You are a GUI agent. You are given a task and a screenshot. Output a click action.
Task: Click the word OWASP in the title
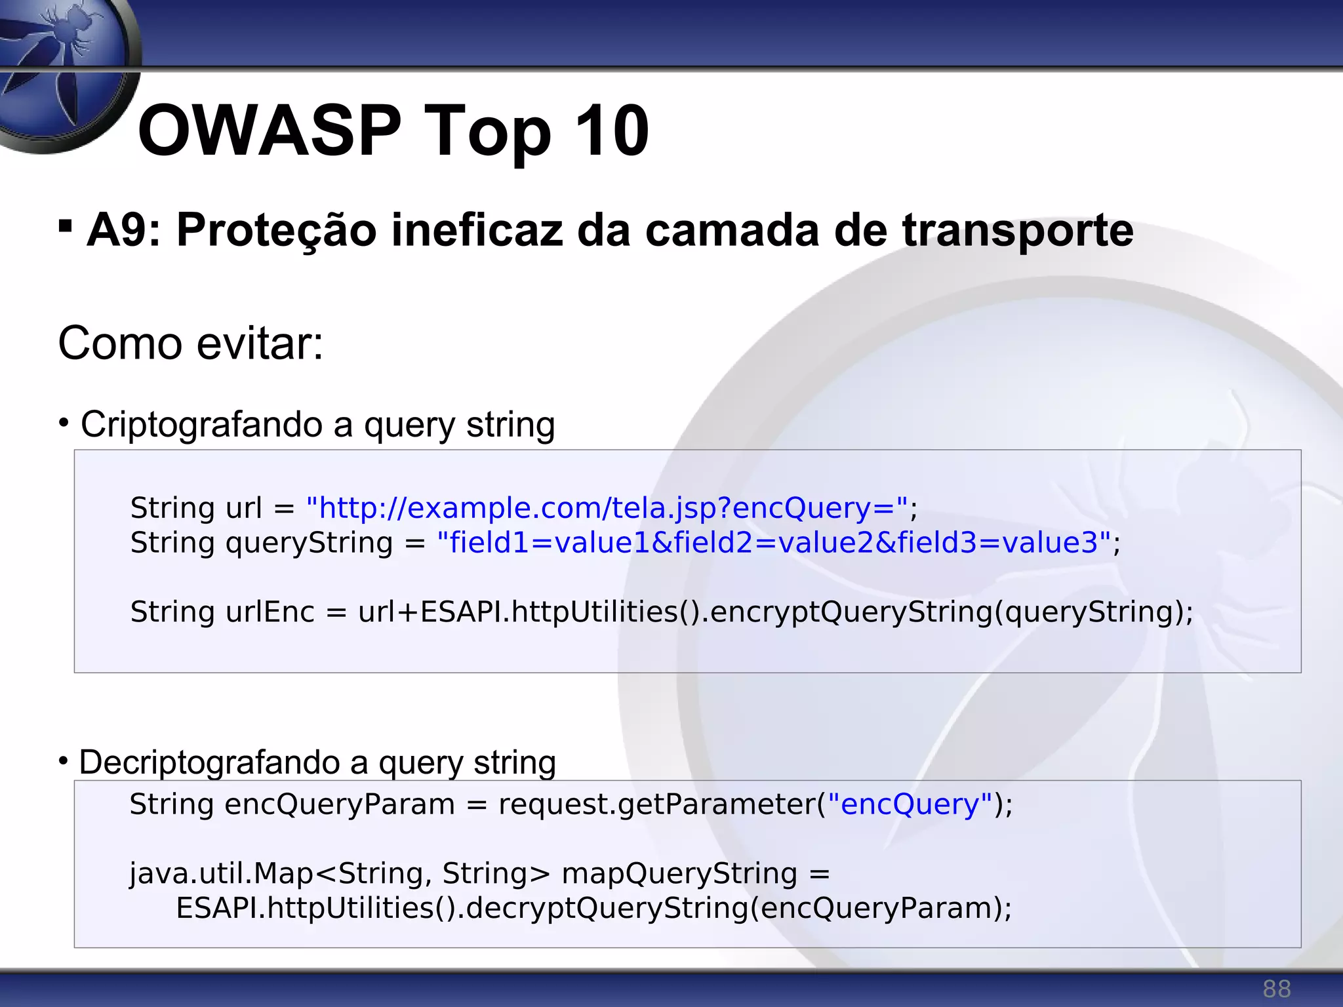coord(269,131)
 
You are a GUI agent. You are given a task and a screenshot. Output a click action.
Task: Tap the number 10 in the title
coord(611,131)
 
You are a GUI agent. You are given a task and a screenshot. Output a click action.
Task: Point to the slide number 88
coord(1276,989)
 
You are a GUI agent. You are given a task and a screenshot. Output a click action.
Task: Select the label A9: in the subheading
coord(124,230)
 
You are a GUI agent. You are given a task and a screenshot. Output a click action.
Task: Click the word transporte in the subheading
coord(1017,230)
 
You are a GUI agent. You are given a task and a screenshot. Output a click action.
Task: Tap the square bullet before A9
coord(65,226)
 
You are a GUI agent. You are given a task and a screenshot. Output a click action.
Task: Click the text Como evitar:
coord(191,343)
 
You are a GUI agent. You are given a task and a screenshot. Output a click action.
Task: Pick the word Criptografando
coord(201,424)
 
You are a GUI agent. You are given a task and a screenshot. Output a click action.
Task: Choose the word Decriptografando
coord(208,762)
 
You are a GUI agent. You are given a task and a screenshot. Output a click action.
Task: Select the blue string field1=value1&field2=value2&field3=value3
coord(774,543)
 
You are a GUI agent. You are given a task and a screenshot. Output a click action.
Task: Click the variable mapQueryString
coord(679,873)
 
